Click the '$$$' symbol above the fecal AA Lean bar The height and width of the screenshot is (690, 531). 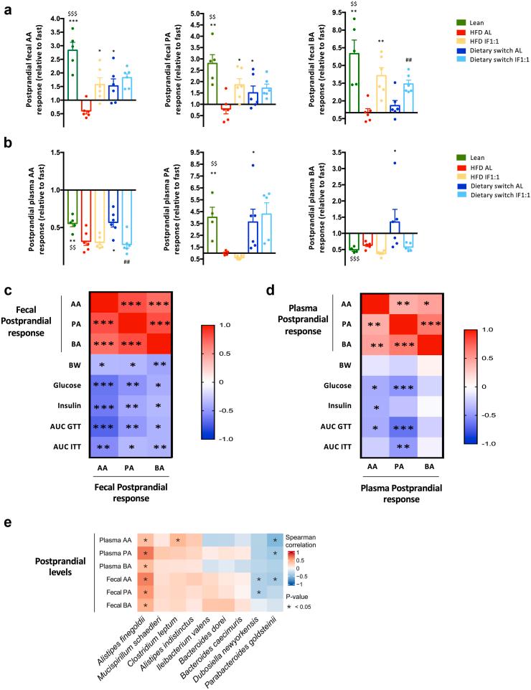(x=72, y=14)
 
